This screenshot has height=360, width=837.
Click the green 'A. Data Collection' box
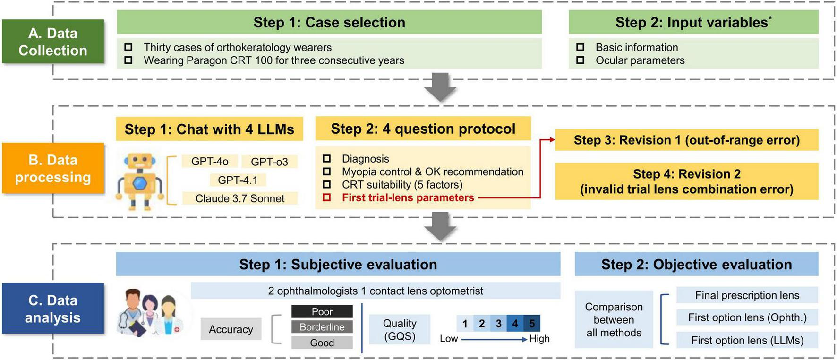tap(53, 42)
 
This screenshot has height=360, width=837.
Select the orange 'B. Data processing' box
tap(53, 168)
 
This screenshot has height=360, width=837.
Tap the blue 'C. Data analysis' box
tap(53, 309)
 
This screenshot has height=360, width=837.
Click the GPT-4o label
tap(210, 162)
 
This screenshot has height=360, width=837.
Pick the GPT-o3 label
tap(269, 162)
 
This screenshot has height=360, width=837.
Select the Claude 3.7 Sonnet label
tap(240, 198)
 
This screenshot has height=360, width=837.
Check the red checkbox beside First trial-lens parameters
tap(326, 197)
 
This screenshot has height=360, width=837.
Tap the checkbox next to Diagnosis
tap(326, 159)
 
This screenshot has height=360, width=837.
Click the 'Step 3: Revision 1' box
tap(686, 140)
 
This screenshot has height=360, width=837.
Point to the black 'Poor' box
tap(322, 312)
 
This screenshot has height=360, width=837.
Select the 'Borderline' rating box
tap(322, 327)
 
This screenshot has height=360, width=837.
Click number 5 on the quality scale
tap(532, 324)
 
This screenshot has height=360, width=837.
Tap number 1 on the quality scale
tap(465, 324)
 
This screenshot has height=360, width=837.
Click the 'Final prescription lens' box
tap(747, 295)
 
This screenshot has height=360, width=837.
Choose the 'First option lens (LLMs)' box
tap(747, 340)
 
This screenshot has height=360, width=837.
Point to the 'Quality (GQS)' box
tap(400, 329)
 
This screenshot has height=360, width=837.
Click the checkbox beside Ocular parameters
tap(581, 60)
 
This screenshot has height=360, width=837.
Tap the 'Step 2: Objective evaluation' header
tap(696, 264)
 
